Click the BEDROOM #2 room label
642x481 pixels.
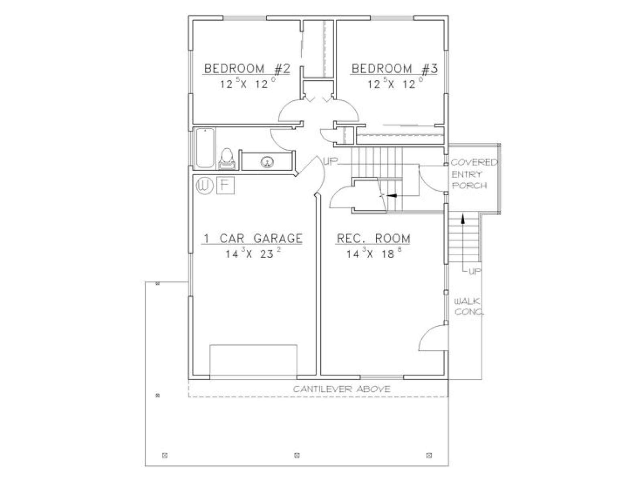coord(247,69)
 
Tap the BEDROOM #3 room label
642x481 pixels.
coord(394,69)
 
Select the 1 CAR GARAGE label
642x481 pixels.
coord(252,238)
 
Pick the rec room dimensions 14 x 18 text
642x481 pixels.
coord(374,253)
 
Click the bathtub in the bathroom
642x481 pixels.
coord(205,148)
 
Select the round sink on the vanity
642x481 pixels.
coord(266,161)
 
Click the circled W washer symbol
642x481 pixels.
coord(204,185)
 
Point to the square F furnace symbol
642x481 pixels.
coord(225,185)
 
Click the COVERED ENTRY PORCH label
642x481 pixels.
coord(474,174)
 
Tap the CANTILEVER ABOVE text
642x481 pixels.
coord(341,389)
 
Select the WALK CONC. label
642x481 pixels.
coord(469,307)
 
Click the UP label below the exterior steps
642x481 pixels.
coord(475,272)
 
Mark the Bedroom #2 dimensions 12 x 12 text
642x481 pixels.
coord(248,83)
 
